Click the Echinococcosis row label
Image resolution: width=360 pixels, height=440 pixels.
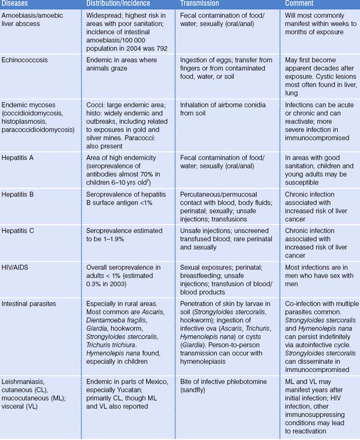pos(24,59)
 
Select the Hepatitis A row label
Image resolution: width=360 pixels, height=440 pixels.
pos(19,158)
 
